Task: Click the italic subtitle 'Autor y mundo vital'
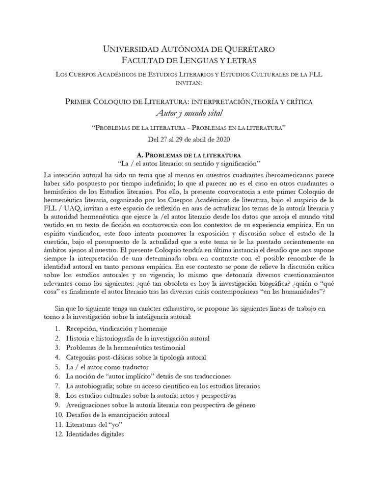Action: point(188,113)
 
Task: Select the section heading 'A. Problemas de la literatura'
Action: point(188,154)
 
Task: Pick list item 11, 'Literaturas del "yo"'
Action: point(95,425)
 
